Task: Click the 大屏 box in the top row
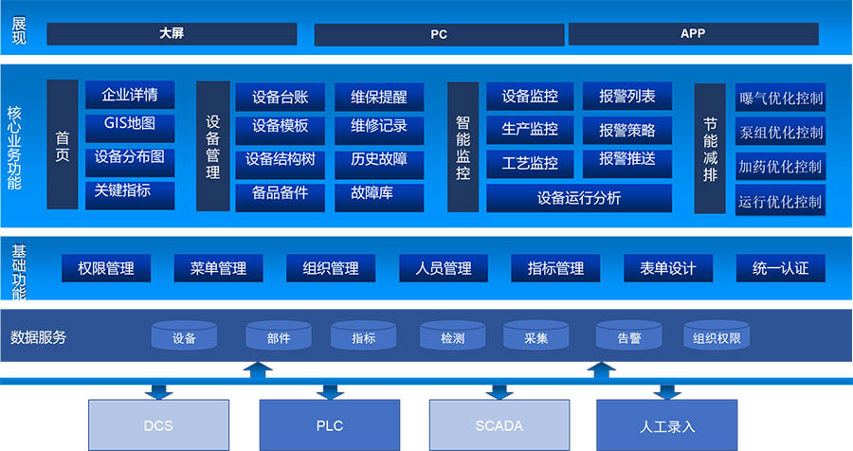pos(172,33)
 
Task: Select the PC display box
pos(439,34)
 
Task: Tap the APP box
pos(693,33)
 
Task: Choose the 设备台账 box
pos(281,97)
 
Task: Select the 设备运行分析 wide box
pos(579,198)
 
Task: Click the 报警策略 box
pos(626,128)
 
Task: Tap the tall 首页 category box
pos(63,144)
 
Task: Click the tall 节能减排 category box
pos(711,148)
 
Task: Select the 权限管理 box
pos(106,268)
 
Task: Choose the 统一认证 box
pos(780,268)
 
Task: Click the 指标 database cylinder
pos(363,337)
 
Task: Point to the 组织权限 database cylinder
pos(717,337)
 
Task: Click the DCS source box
pos(158,425)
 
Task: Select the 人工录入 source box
pos(667,425)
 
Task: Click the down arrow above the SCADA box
pos(499,389)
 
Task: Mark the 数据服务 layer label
pos(39,337)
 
